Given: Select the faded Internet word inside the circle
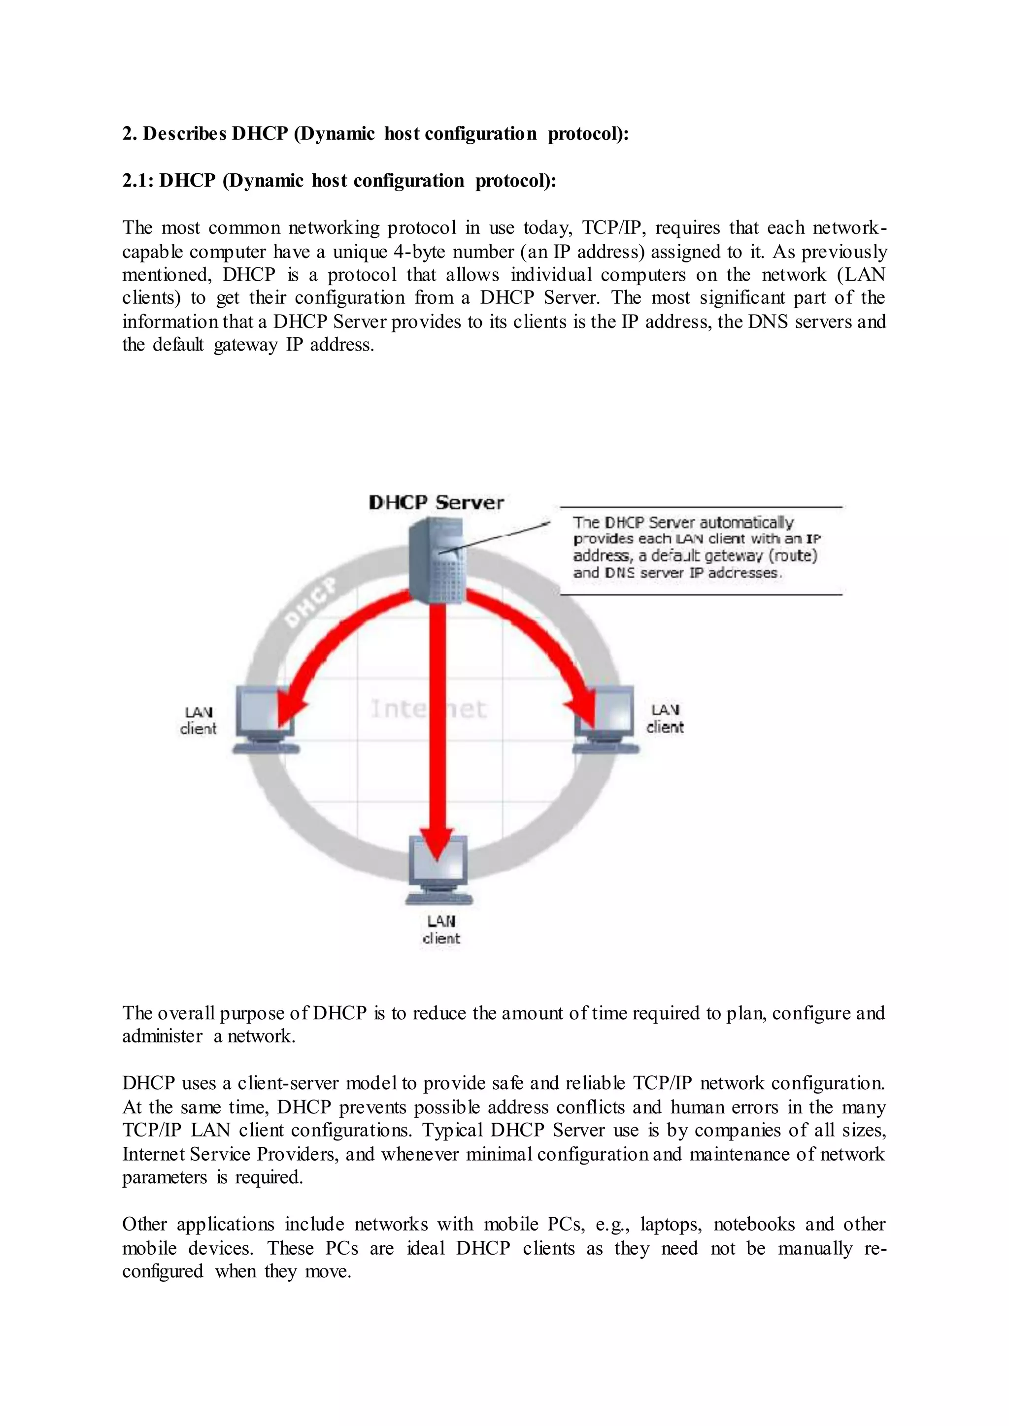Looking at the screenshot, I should pyautogui.click(x=429, y=709).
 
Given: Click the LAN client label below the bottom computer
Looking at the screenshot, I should pyautogui.click(x=440, y=930).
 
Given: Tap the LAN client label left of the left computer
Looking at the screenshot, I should pyautogui.click(x=198, y=720).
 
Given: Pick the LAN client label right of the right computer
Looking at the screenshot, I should pyautogui.click(x=665, y=718).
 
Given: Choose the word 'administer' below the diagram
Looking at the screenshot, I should pyautogui.click(x=162, y=1036).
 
